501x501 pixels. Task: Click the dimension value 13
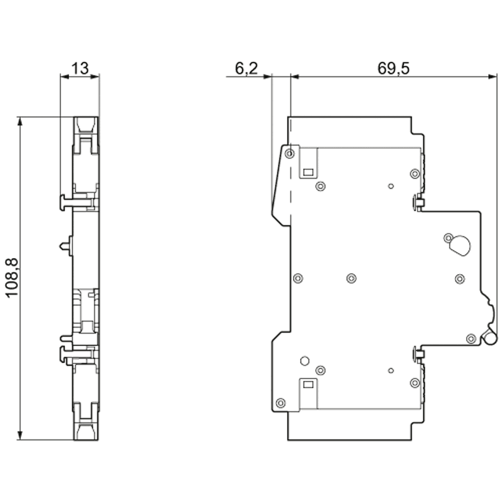79,68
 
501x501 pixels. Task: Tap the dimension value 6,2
245,69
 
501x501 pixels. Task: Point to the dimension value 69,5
393,69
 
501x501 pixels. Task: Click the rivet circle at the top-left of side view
290,153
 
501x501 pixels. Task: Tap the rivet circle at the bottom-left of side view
281,402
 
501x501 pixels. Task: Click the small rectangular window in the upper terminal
308,172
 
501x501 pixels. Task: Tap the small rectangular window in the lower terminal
308,385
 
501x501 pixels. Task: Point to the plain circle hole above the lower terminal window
304,360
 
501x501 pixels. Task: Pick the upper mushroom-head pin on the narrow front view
63,202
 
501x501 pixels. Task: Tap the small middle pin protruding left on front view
63,246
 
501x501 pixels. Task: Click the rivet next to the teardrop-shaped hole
448,237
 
